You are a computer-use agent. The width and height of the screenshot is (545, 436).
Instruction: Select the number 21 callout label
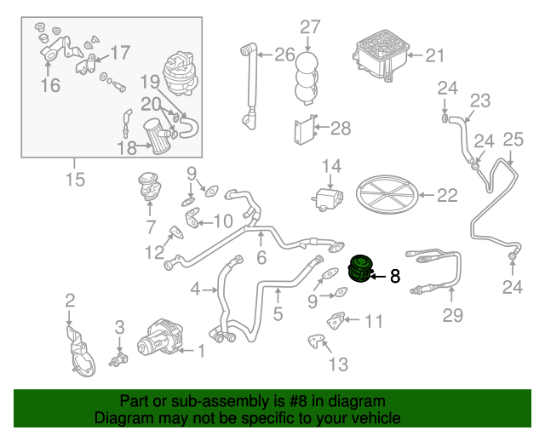435,56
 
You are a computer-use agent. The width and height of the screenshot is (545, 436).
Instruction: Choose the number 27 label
309,26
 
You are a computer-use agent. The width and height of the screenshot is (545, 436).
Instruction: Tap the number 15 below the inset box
75,180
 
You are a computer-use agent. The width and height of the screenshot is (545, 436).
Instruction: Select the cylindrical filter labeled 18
158,139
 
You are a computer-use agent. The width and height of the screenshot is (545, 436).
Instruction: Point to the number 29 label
452,316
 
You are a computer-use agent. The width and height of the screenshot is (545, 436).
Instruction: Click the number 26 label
284,56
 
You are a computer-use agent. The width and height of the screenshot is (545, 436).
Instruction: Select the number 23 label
480,101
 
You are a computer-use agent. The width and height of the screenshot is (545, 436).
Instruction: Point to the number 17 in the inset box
120,54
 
